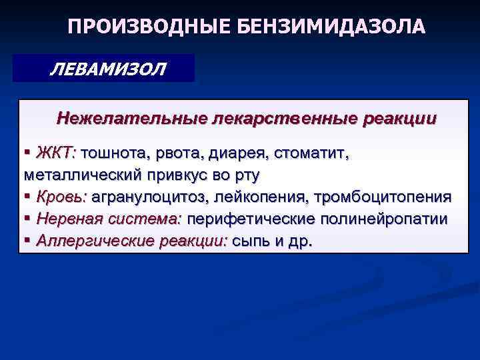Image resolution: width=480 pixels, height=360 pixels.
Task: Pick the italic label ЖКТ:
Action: [x=56, y=154]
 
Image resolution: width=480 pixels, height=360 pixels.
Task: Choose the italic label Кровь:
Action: [x=61, y=197]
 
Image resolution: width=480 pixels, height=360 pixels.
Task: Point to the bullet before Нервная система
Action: [x=28, y=219]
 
